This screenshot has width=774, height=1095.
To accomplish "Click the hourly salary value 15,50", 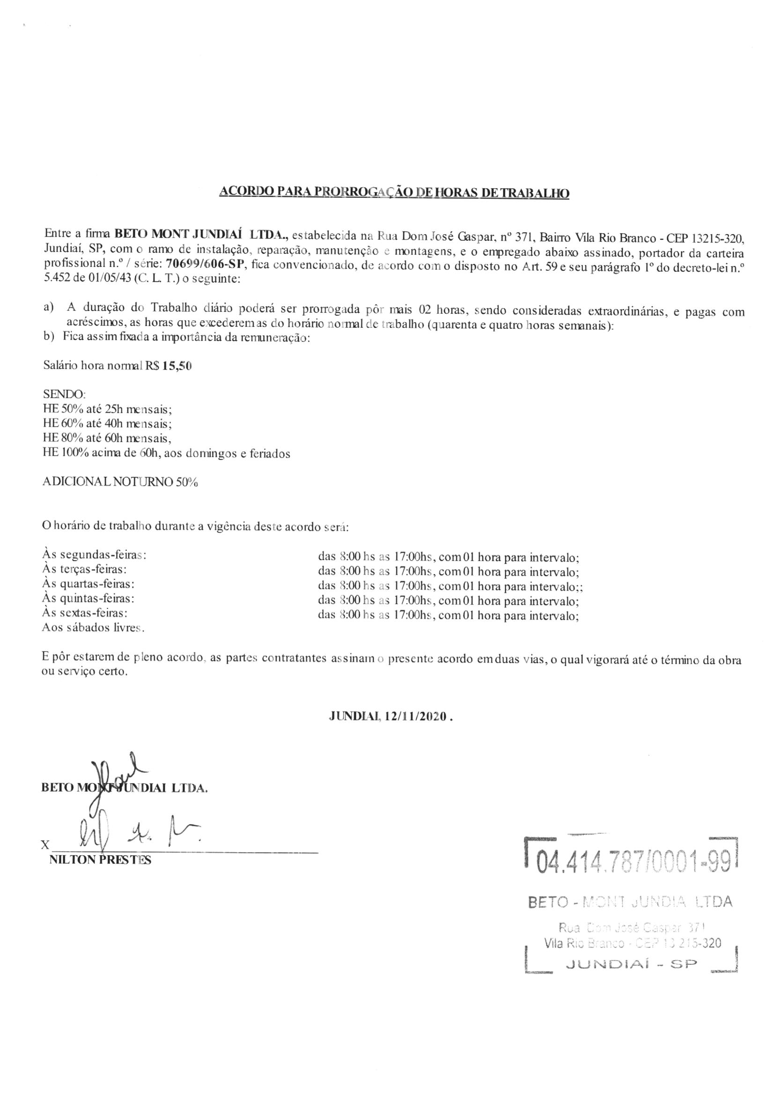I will pyautogui.click(x=177, y=366).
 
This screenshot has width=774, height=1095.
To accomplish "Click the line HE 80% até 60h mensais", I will pyautogui.click(x=107, y=437).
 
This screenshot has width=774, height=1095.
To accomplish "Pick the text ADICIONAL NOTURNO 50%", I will pyautogui.click(x=120, y=481).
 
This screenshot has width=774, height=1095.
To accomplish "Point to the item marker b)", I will pyautogui.click(x=48, y=338).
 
